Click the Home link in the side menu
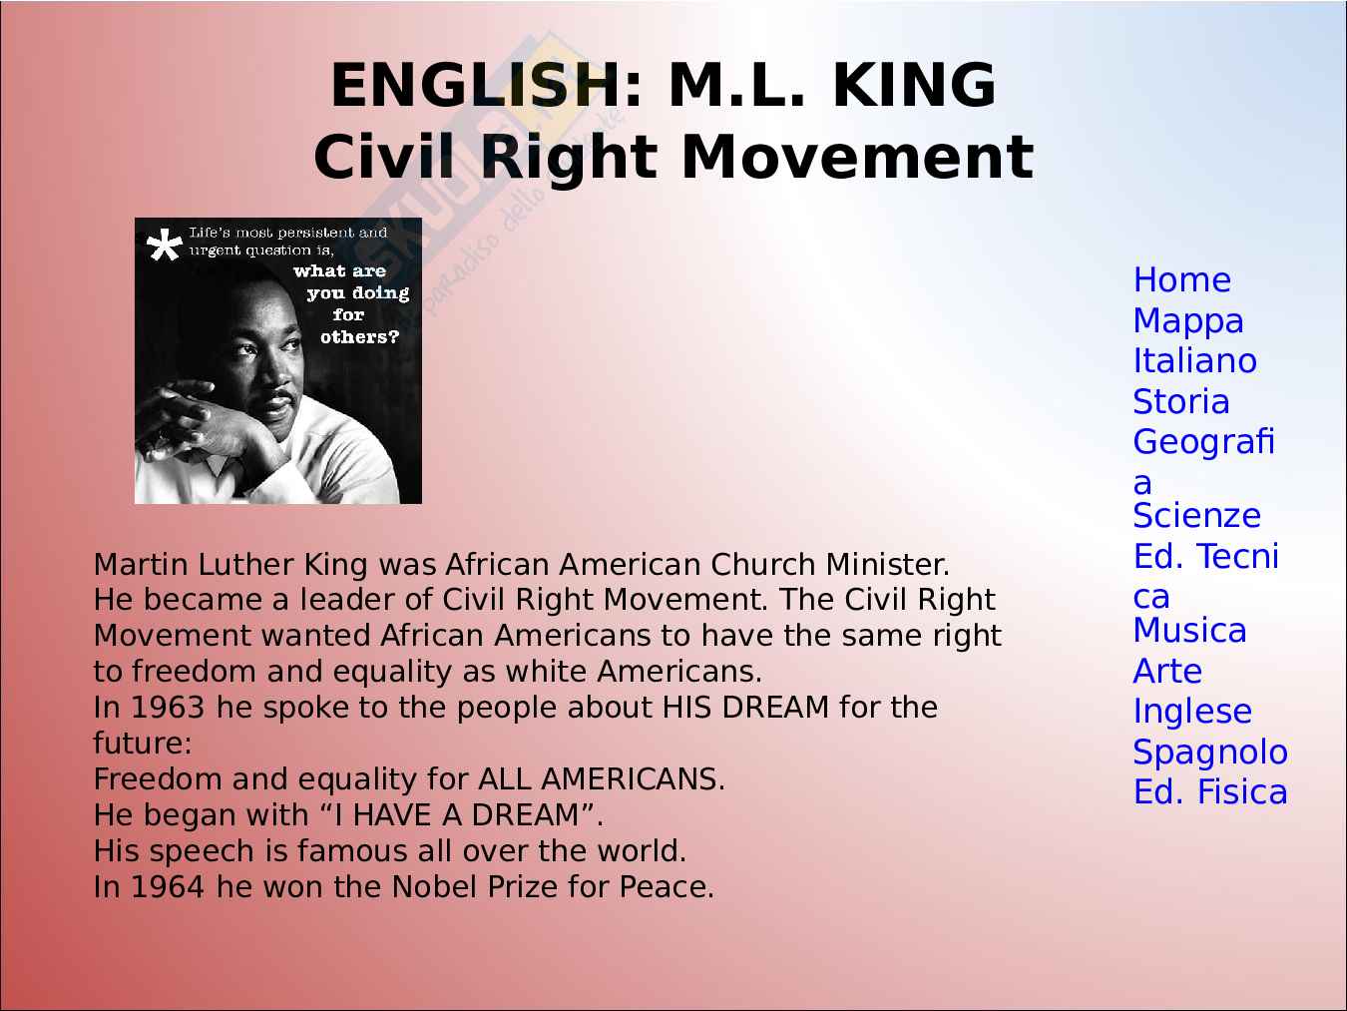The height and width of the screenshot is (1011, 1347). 1182,280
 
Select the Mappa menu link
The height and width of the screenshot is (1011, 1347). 1188,321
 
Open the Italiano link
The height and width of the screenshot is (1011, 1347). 1194,361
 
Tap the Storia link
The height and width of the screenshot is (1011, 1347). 1181,402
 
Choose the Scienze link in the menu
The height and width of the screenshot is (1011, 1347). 1196,516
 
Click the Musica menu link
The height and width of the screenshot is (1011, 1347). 1189,631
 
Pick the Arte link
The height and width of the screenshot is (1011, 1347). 1167,671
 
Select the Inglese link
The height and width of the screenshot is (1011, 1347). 1192,712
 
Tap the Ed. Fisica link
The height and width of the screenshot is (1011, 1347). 1210,792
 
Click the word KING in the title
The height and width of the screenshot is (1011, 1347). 913,85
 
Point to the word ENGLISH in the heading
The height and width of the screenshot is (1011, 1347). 476,85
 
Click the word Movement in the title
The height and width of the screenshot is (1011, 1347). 857,157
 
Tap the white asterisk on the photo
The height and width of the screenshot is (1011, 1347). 165,245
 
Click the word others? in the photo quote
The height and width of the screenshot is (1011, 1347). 359,337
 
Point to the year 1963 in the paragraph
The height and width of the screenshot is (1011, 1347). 167,708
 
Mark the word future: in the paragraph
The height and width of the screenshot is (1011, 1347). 143,744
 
